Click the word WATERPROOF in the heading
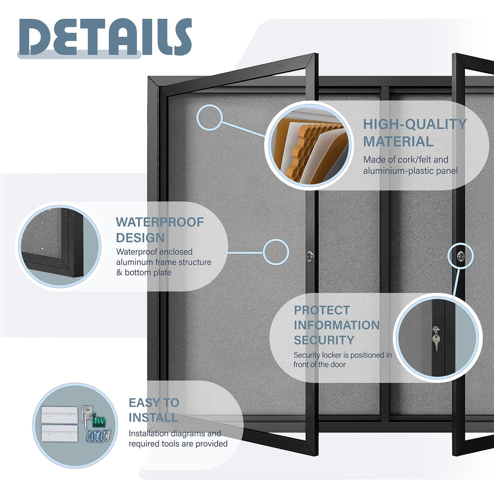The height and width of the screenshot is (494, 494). [160, 222]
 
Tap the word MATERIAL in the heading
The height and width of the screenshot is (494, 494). [398, 142]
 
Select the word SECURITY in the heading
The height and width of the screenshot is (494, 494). [324, 340]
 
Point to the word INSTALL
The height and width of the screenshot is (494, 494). [153, 417]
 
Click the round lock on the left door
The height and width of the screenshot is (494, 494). [310, 256]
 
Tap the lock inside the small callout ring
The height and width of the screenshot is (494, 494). [461, 256]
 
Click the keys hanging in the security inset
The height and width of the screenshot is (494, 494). [436, 338]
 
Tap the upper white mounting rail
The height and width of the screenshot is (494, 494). [59, 415]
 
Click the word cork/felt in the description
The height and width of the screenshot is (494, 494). [414, 160]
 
